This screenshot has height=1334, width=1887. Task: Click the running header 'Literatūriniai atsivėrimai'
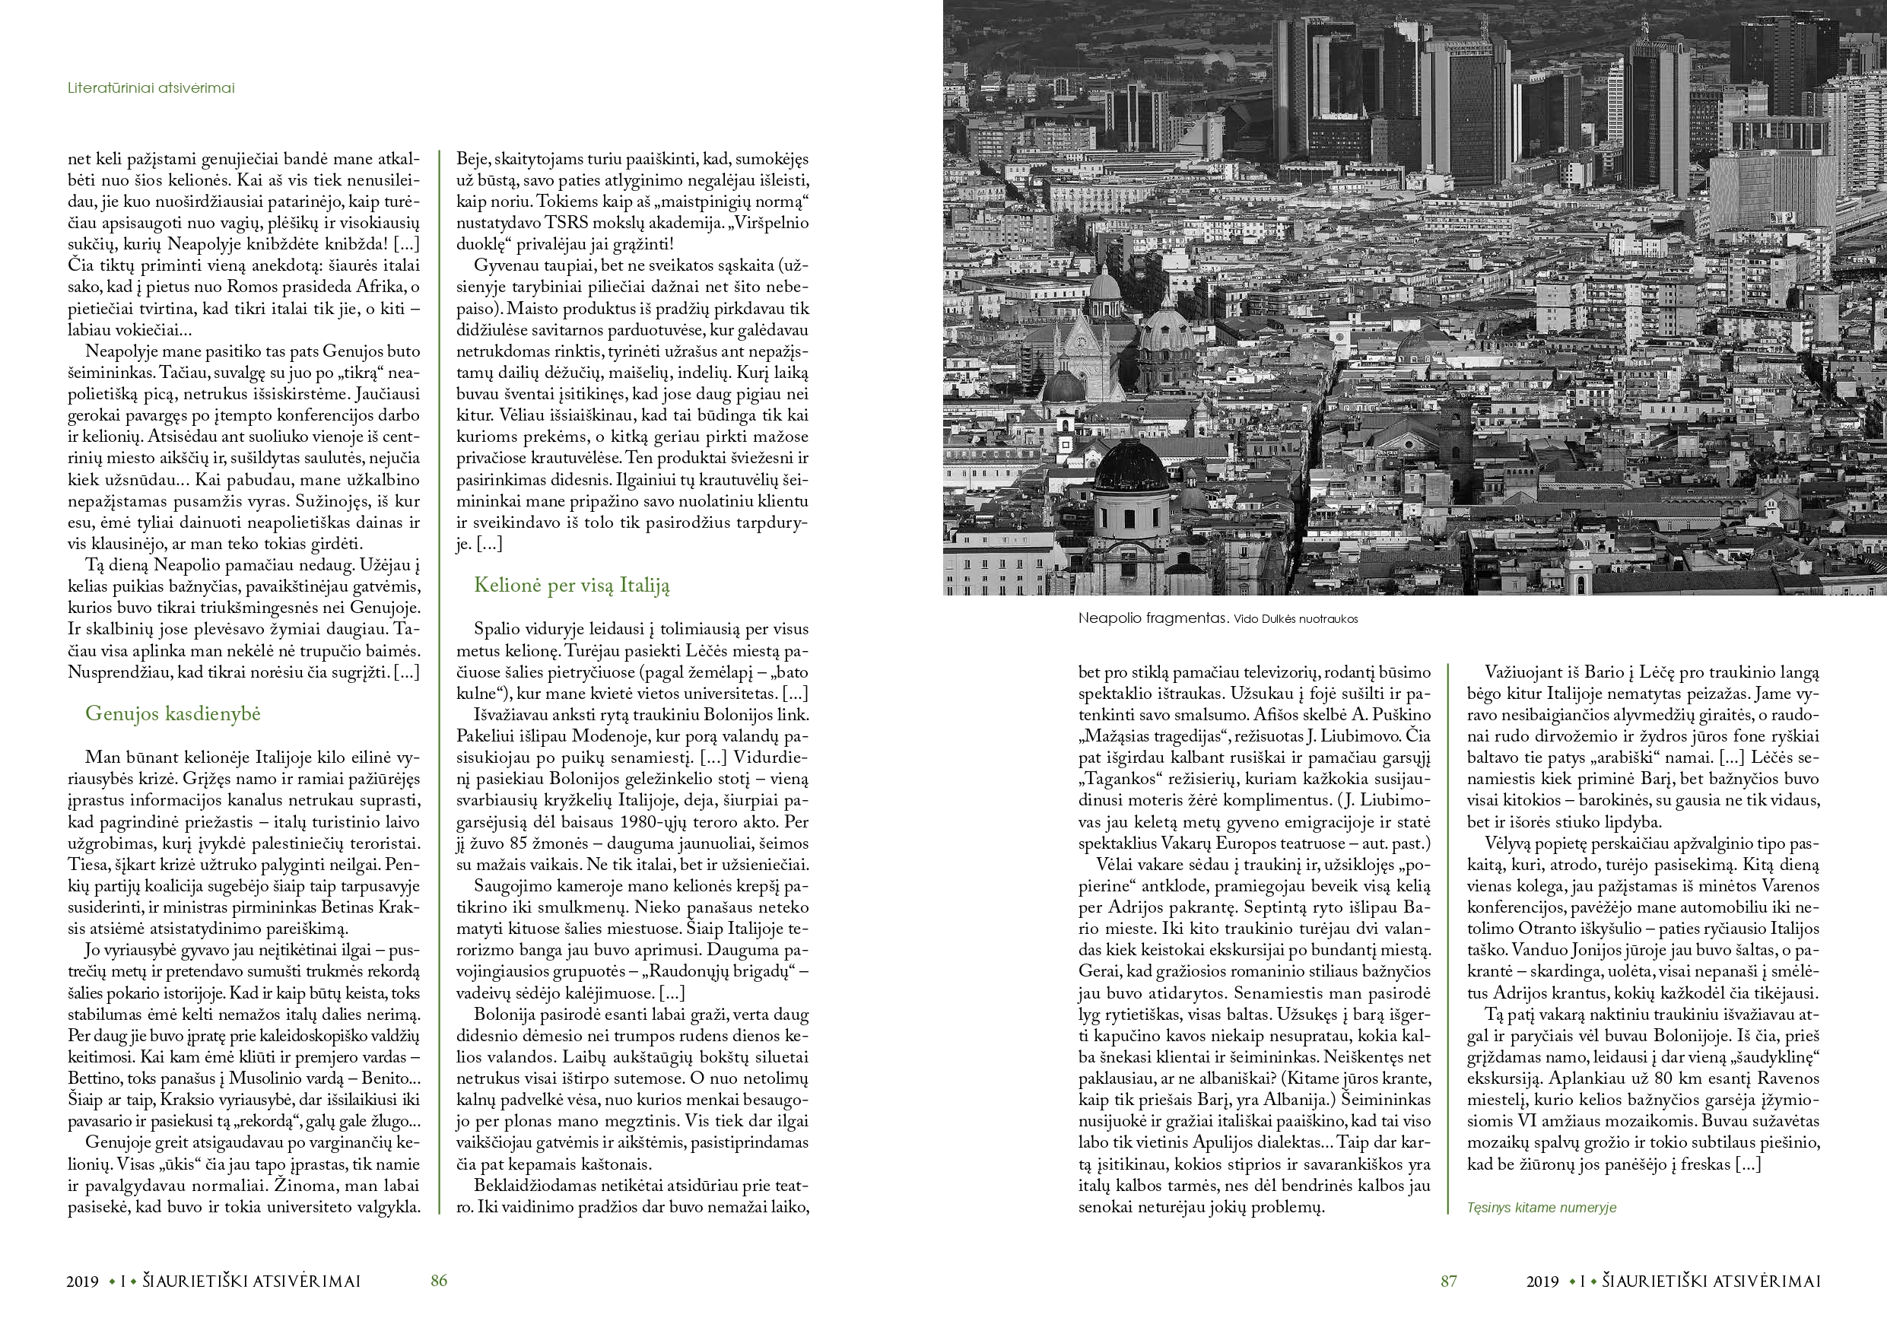(x=151, y=88)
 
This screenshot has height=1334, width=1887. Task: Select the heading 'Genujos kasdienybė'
(x=173, y=714)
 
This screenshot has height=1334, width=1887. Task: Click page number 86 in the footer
(x=439, y=1281)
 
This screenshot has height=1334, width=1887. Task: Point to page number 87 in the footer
(x=1448, y=1281)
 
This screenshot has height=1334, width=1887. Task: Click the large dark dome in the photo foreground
(x=1131, y=467)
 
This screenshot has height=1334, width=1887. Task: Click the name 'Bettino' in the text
(x=93, y=1078)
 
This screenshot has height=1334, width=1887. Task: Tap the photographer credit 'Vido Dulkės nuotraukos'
(x=1295, y=620)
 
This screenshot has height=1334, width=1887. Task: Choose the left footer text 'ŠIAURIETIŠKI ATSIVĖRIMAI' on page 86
(x=252, y=1281)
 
